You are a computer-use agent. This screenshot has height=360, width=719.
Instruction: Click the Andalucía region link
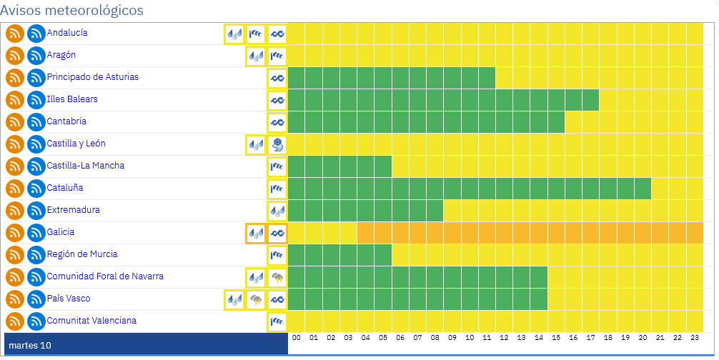pyautogui.click(x=67, y=33)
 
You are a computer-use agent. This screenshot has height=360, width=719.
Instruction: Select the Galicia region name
pyautogui.click(x=61, y=232)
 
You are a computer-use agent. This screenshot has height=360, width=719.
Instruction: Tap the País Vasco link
pyautogui.click(x=69, y=299)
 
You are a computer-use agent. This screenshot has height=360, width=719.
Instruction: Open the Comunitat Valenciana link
pyautogui.click(x=91, y=321)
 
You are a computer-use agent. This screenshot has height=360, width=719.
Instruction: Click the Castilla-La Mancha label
pyautogui.click(x=86, y=166)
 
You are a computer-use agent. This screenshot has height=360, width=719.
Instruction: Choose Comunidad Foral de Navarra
pyautogui.click(x=105, y=276)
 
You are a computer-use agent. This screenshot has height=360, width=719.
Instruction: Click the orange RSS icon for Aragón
pyautogui.click(x=15, y=56)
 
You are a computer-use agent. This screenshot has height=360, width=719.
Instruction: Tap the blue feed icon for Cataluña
pyautogui.click(x=36, y=189)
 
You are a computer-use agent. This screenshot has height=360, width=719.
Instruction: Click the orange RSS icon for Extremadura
pyautogui.click(x=15, y=211)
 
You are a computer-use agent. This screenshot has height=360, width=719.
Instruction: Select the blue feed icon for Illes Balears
pyautogui.click(x=36, y=100)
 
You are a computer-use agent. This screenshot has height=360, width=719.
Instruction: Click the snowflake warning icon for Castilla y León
pyautogui.click(x=277, y=144)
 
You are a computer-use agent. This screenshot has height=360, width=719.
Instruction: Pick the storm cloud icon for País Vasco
pyautogui.click(x=256, y=300)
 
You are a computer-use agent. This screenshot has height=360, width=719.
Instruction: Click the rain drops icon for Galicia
pyautogui.click(x=256, y=233)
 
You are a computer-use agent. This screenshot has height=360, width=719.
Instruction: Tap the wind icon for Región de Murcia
pyautogui.click(x=277, y=255)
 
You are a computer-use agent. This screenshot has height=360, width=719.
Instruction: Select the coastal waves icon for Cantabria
pyautogui.click(x=277, y=122)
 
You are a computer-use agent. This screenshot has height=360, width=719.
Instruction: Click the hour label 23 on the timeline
pyautogui.click(x=694, y=337)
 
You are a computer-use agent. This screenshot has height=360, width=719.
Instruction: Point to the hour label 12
pyautogui.click(x=504, y=337)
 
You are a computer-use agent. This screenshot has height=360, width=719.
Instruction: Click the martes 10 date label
pyautogui.click(x=30, y=346)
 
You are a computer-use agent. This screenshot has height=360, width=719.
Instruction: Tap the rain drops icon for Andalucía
pyautogui.click(x=234, y=34)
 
